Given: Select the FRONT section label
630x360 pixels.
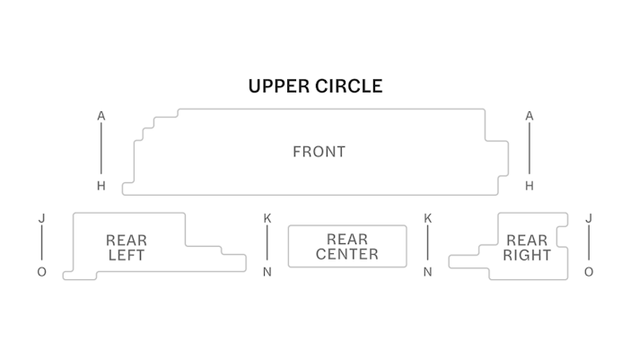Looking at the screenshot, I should tap(319, 152).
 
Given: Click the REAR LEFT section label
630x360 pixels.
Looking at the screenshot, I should tap(126, 248).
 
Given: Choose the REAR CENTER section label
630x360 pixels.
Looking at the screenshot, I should tap(346, 247).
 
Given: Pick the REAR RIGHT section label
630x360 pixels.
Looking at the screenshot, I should tap(527, 248).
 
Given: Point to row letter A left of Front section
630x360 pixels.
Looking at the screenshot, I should tap(101, 116).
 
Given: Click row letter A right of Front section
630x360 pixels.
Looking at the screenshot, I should tap(529, 116).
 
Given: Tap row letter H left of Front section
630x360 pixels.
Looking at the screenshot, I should tap(101, 186).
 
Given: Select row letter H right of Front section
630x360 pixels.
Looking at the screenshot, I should tap(529, 186).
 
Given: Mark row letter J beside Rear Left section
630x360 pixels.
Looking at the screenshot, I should tap(41, 218).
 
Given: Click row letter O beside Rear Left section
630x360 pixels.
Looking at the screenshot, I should tap(41, 272).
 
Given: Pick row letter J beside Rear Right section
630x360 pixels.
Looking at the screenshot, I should tap(589, 218).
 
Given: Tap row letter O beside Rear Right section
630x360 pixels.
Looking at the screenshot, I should tap(589, 272).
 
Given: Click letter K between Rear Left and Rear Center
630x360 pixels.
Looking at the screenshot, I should tap(267, 218).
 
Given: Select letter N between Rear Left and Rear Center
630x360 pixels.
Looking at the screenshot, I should tap(267, 272).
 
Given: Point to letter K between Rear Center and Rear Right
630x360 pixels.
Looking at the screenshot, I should tap(428, 218).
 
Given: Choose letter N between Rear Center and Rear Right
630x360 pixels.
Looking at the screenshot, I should tap(428, 272).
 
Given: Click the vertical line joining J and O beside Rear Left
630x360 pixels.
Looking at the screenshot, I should tap(41, 245).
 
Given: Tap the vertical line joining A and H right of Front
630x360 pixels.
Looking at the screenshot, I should tap(529, 151).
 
